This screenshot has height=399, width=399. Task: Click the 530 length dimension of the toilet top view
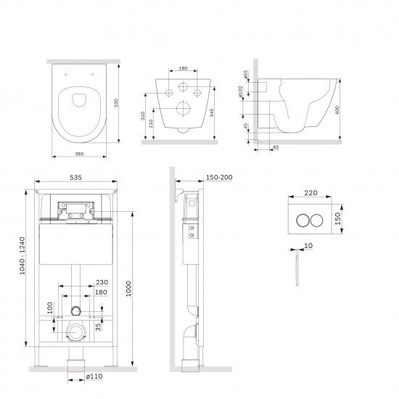(116, 103)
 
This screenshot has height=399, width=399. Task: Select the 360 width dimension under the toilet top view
(79, 154)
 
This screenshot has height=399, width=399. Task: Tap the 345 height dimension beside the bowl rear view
(212, 112)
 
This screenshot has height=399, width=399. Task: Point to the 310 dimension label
(143, 116)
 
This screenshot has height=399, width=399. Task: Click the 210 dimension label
(151, 123)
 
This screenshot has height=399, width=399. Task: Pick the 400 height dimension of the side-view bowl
(337, 110)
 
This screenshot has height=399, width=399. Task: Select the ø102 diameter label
(241, 91)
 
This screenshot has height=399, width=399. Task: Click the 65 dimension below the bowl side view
(276, 147)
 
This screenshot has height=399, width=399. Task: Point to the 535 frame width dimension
(76, 177)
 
